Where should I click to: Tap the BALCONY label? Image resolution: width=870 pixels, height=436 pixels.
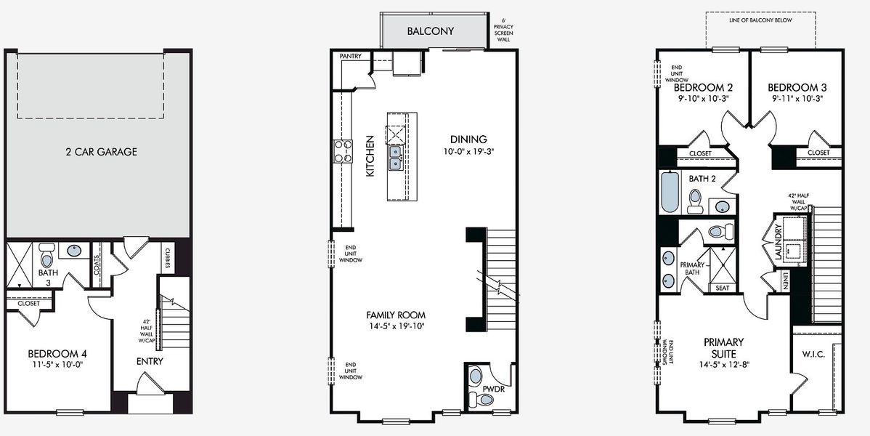click(x=430, y=31)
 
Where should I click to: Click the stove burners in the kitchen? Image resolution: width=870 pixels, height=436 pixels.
click(x=342, y=150)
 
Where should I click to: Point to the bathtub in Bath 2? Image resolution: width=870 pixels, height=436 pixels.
click(x=670, y=192)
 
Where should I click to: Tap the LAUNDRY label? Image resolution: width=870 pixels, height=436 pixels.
click(x=778, y=243)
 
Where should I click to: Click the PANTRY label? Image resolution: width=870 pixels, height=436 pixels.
click(x=351, y=56)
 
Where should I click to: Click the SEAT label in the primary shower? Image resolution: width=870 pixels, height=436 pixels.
click(x=722, y=288)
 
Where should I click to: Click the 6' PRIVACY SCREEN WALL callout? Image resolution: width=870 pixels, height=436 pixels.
click(x=503, y=30)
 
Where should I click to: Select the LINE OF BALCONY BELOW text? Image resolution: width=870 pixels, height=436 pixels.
click(x=760, y=21)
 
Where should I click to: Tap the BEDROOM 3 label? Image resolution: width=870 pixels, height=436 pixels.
click(x=797, y=87)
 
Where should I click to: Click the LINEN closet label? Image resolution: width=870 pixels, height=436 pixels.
click(x=785, y=280)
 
